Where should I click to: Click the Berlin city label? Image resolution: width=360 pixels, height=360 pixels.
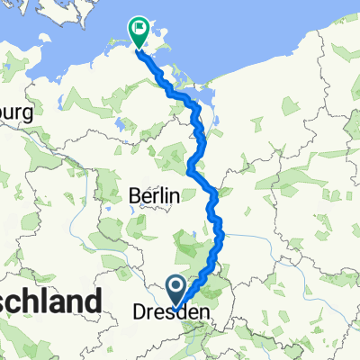156,195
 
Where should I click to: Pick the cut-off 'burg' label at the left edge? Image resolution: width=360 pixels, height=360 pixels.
16,114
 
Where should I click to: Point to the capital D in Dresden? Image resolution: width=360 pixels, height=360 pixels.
139,312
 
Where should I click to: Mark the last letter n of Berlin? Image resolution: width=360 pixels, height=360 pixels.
176,195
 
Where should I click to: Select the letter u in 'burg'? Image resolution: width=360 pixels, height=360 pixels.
12,114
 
